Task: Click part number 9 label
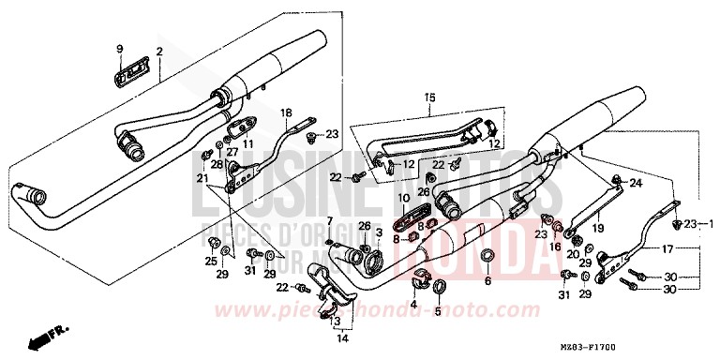point(120,49)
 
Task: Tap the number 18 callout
point(287,112)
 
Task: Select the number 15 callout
point(430,97)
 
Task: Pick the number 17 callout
point(667,249)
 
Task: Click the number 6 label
point(487,280)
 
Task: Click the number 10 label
point(403,199)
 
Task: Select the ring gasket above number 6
point(487,256)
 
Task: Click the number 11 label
point(249,142)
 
